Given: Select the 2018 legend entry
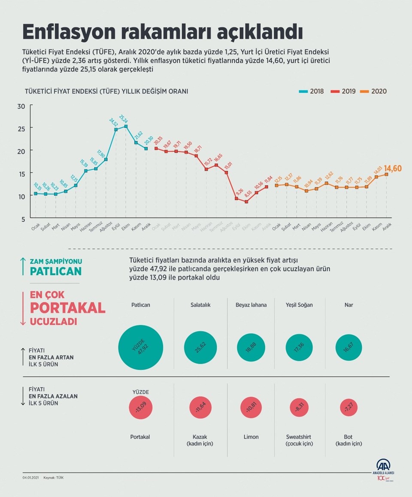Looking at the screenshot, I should (x=311, y=91).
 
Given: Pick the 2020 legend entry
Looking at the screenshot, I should (x=374, y=91).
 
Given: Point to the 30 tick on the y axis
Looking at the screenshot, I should (x=21, y=106).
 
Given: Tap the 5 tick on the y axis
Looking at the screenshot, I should (x=23, y=219).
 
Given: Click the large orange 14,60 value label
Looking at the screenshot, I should (x=393, y=168).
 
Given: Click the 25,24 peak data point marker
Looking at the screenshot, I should (x=126, y=126).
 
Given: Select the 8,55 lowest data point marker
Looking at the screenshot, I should (x=246, y=201).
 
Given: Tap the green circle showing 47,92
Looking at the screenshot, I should (x=140, y=347).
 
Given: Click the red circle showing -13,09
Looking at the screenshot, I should (x=140, y=409).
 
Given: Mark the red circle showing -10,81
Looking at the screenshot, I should (x=251, y=409).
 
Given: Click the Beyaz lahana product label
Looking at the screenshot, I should (x=251, y=305).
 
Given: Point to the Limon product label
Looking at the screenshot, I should (x=251, y=437).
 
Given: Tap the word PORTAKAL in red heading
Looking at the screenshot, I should (x=67, y=308).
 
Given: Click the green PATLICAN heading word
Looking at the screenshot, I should (x=56, y=271).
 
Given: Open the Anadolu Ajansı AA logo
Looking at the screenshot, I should (x=383, y=467).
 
